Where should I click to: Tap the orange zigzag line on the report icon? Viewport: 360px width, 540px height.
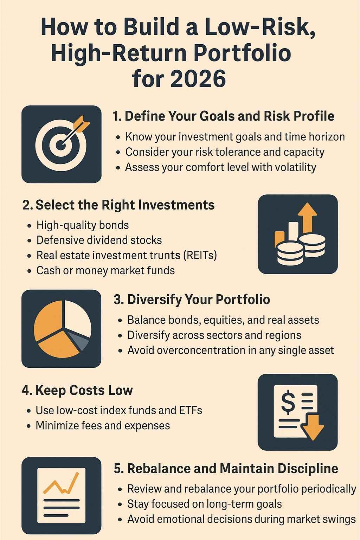point(61,484)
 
